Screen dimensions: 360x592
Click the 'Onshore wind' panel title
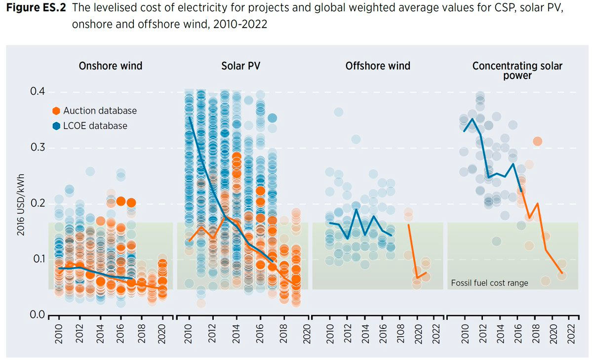tap(111, 66)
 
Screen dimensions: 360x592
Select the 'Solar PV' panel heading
tap(239, 66)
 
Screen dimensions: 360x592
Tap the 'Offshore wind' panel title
tap(378, 66)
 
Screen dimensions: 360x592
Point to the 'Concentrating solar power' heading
tap(517, 70)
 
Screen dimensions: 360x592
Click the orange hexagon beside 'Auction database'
tap(56, 111)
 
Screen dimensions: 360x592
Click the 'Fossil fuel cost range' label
tap(489, 283)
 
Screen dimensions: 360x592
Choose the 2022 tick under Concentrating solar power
tap(573, 334)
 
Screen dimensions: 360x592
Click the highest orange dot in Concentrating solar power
tap(538, 142)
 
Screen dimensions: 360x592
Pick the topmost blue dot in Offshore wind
tap(338, 112)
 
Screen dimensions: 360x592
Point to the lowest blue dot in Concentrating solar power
tap(496, 241)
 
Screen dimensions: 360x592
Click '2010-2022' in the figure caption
tap(242, 24)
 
